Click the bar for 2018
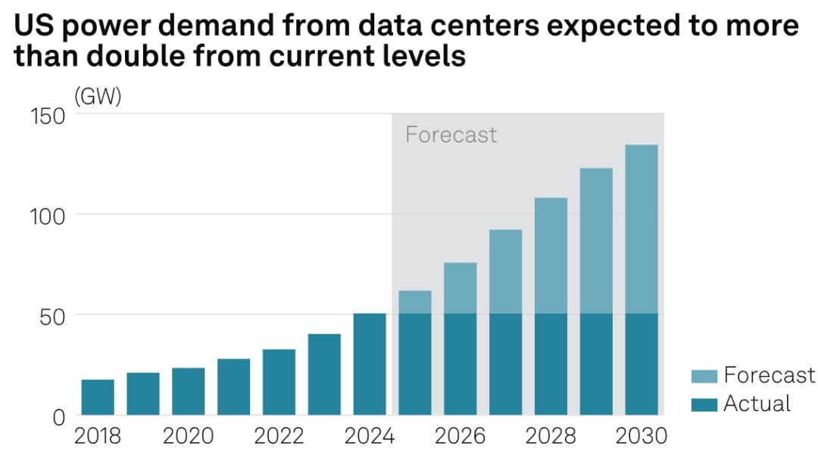pyautogui.click(x=98, y=397)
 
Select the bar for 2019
pyautogui.click(x=143, y=394)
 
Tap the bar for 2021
pyautogui.click(x=233, y=387)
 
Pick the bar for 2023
pyautogui.click(x=324, y=375)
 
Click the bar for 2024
pyautogui.click(x=370, y=364)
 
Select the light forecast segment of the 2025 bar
pyautogui.click(x=415, y=302)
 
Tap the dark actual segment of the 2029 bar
pyautogui.click(x=596, y=364)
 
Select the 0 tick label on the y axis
pyautogui.click(x=59, y=416)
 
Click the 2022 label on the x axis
pyautogui.click(x=279, y=437)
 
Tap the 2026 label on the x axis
pyautogui.click(x=460, y=437)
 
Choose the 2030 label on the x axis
pyautogui.click(x=642, y=437)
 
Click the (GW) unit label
pyautogui.click(x=98, y=98)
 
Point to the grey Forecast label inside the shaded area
pyautogui.click(x=451, y=135)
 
